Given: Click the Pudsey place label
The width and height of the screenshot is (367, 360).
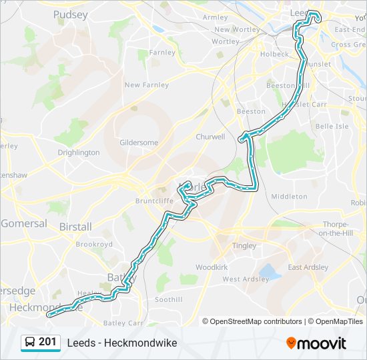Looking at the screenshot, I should click(70, 14).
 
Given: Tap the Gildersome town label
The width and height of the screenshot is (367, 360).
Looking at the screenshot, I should click(139, 143).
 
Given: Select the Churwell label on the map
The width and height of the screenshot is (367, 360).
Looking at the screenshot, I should click(210, 137).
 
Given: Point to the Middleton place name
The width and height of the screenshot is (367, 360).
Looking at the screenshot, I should click(289, 197).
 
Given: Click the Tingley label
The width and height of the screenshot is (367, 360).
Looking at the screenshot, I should click(244, 246).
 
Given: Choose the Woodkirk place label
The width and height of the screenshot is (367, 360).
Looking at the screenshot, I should click(212, 267).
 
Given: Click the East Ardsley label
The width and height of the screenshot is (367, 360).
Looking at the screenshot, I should click(308, 267).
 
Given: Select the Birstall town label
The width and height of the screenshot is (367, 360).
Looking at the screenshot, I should click(75, 227).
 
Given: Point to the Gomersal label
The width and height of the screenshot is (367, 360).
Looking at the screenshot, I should click(24, 223).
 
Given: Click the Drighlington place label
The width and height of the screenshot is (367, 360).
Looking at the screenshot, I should click(79, 153).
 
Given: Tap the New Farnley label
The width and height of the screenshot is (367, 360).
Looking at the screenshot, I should click(147, 85).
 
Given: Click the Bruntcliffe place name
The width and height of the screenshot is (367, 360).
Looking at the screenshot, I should click(154, 200).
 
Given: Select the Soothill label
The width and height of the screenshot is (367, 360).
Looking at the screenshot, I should click(168, 300).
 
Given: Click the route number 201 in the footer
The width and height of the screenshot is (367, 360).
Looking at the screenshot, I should click(47, 342).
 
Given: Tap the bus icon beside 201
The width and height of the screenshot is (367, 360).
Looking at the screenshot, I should click(30, 343).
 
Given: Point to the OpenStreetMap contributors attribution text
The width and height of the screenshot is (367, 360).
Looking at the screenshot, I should click(256, 321).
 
